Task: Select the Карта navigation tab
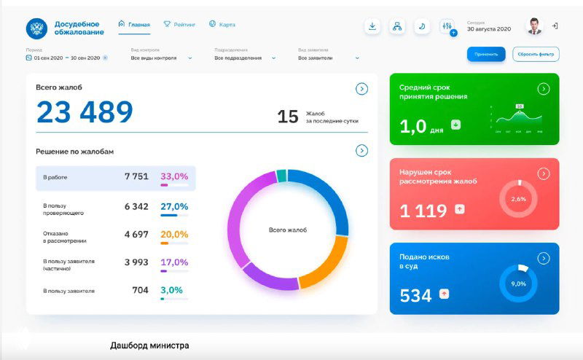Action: point(222,25)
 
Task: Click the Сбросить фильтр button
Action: point(536,54)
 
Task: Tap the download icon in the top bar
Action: point(372,26)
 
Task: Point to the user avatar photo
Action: point(535,26)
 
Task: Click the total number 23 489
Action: point(85,112)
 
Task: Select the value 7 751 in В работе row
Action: point(136,176)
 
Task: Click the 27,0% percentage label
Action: point(174,206)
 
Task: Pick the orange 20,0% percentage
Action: point(174,235)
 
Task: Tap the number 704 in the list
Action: point(140,290)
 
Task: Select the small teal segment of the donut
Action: point(281,175)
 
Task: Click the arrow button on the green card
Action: point(543,89)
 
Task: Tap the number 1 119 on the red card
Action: point(423,211)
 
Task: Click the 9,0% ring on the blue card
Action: point(518,283)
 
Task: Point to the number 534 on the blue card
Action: point(415,295)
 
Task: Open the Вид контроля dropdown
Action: point(161,58)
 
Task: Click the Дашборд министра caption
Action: point(149,345)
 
